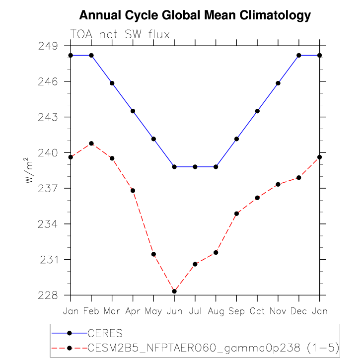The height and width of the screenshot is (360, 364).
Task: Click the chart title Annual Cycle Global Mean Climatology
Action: click(x=195, y=15)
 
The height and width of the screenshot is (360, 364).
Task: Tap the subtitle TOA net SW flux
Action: click(x=120, y=35)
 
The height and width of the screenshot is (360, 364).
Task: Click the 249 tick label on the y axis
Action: click(x=49, y=46)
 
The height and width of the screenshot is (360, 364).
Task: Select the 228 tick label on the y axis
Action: click(x=49, y=295)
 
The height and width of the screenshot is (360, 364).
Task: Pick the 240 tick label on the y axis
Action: click(x=49, y=153)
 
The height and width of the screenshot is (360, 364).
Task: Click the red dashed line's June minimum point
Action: click(x=174, y=291)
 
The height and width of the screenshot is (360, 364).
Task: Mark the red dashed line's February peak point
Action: click(x=91, y=144)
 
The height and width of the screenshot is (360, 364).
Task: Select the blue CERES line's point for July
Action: click(x=195, y=167)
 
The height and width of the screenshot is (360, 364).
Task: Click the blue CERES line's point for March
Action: click(x=112, y=83)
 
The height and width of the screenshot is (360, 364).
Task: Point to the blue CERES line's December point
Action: click(x=299, y=55)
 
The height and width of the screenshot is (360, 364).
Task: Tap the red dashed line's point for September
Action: click(x=236, y=214)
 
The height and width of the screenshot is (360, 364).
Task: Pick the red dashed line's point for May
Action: click(x=153, y=254)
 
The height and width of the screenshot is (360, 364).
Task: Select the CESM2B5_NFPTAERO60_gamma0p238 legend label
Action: click(x=213, y=347)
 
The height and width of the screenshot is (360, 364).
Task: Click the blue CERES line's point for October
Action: click(x=257, y=111)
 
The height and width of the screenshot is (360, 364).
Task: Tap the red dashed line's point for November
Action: click(x=278, y=184)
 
